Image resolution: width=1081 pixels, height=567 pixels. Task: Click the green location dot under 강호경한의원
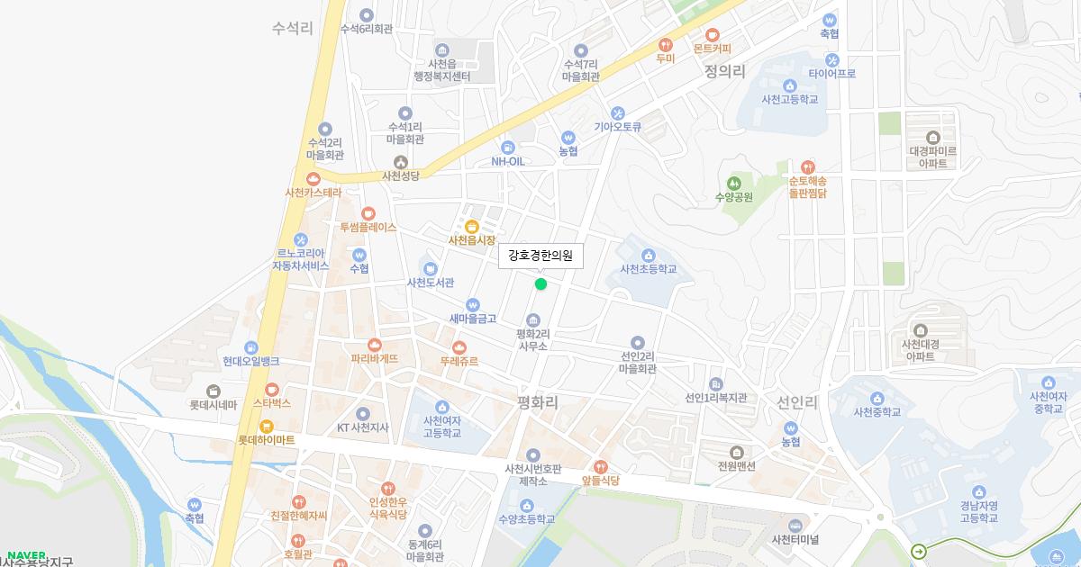[540, 284]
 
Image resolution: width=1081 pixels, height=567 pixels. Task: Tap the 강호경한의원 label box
[540, 256]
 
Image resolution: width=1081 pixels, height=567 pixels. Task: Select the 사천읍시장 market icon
[472, 225]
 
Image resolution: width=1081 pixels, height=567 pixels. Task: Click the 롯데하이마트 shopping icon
[266, 426]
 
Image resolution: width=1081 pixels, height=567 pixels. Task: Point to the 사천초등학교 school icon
[649, 254]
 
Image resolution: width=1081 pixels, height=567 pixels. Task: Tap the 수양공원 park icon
[733, 183]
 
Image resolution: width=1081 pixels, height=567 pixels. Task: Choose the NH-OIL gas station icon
[507, 147]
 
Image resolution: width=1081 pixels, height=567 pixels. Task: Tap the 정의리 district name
[725, 70]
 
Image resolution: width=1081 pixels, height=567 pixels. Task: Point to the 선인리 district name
[797, 402]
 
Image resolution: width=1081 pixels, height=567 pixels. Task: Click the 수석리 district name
[292, 28]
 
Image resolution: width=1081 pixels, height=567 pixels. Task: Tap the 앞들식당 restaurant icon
[601, 466]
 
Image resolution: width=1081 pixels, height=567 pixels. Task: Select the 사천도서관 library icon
[430, 268]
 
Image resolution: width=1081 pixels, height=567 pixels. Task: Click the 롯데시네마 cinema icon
[213, 391]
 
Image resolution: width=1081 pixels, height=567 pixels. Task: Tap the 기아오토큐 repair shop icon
[617, 112]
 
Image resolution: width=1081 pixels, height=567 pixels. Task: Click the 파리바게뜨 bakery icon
[375, 344]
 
